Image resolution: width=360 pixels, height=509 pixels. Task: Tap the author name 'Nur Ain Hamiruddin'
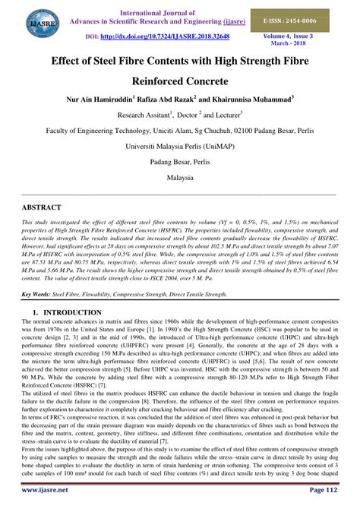tap(107, 99)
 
